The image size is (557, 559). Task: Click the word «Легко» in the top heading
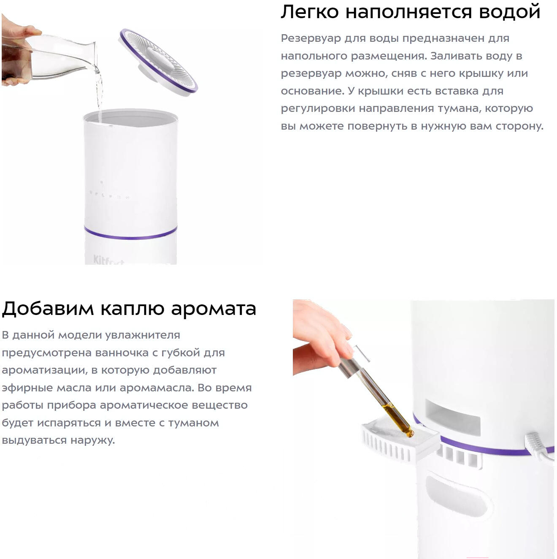point(310,12)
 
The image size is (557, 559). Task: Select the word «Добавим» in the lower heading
point(48,308)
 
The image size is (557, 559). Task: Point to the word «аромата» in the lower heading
point(214,309)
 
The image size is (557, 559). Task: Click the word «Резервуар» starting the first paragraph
point(311,38)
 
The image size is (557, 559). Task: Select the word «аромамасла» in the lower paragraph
point(157,388)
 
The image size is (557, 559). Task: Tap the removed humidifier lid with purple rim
point(158,62)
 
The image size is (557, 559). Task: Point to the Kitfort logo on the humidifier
point(108,260)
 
